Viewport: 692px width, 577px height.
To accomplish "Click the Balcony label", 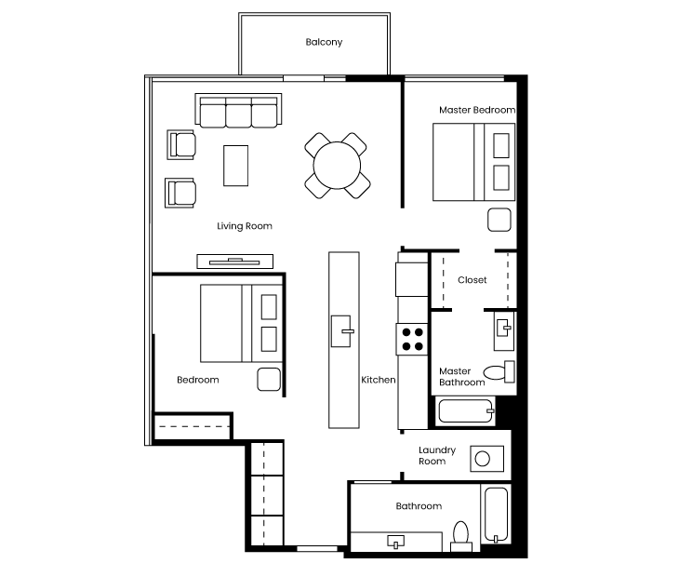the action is click(324, 42).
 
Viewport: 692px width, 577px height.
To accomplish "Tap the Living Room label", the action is click(245, 226).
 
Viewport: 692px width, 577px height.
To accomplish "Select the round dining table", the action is click(337, 166).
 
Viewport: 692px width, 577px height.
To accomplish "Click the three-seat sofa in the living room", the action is click(238, 111).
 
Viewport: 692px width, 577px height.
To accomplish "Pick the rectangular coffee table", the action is click(235, 166).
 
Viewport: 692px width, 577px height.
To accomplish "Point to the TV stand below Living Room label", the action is click(234, 262).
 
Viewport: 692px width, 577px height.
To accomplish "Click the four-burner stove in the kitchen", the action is click(412, 339).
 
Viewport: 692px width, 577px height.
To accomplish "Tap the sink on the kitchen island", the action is click(341, 331).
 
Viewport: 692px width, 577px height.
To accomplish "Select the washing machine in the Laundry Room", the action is click(486, 459).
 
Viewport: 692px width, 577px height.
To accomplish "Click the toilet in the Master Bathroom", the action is click(499, 372).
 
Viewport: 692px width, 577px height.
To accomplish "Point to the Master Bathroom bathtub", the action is click(466, 411).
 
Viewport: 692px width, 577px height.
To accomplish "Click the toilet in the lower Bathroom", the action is click(460, 536).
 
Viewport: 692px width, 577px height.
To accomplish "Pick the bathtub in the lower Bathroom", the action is click(496, 515).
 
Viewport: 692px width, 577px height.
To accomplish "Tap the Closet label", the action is click(472, 280).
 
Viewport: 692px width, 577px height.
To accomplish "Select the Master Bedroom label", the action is click(477, 110).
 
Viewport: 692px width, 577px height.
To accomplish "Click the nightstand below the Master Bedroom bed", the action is click(499, 220).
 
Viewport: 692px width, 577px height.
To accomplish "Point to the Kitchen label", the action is click(379, 380).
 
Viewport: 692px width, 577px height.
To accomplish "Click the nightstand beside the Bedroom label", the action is click(269, 379).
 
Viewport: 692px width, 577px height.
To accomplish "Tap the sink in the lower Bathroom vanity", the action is click(396, 542).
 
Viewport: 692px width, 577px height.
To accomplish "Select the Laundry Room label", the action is click(437, 456).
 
